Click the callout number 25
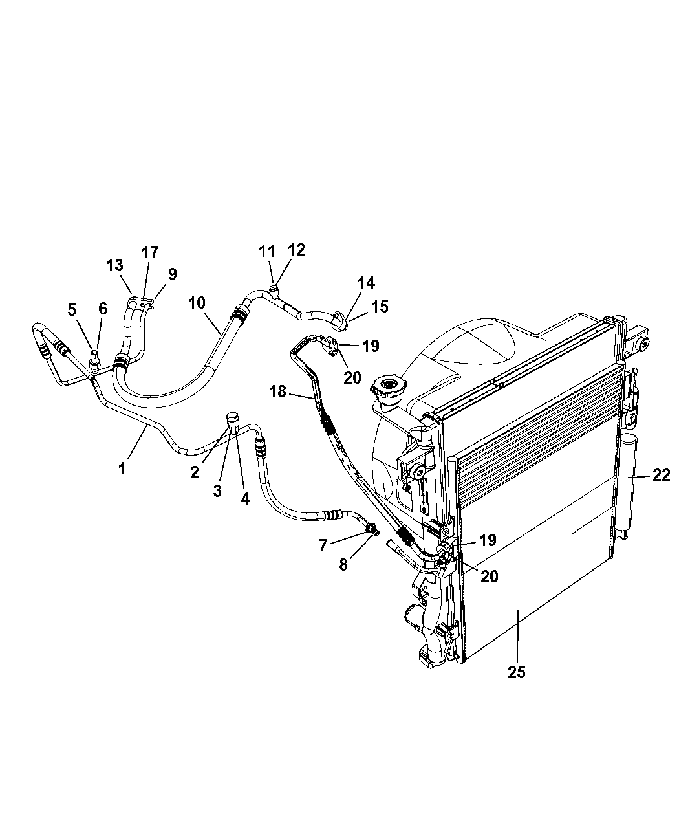[516, 672]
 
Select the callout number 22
[662, 476]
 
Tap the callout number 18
[277, 391]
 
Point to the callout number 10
[197, 303]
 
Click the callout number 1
[122, 468]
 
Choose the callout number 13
[114, 265]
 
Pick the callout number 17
[150, 252]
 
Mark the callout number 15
[380, 307]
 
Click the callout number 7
[323, 545]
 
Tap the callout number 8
[343, 565]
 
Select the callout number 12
[296, 250]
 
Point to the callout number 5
[72, 309]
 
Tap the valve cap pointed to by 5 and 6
[95, 358]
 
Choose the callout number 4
[245, 500]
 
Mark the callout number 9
[172, 274]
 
